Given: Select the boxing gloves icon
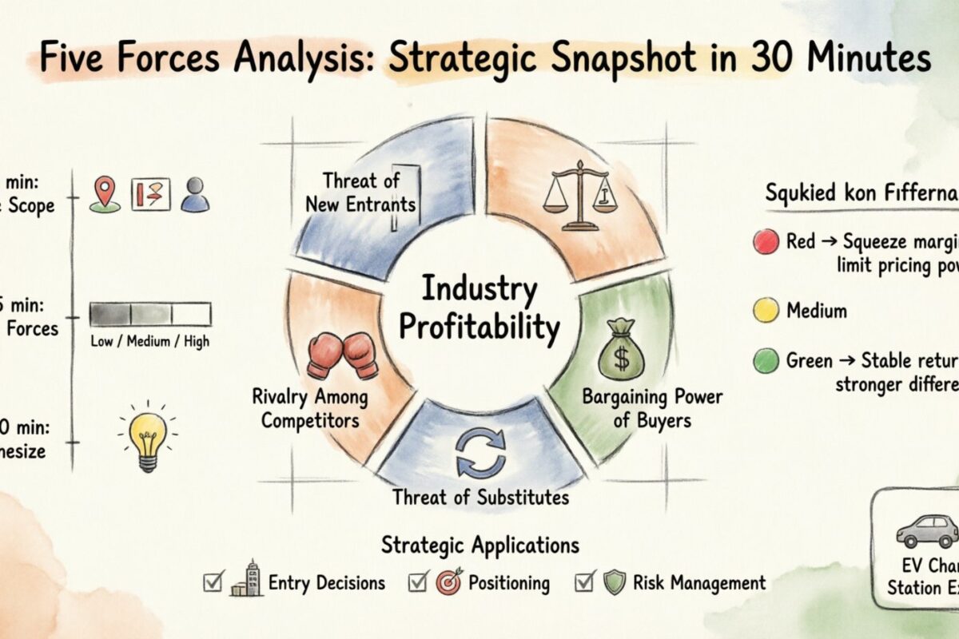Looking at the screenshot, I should click(x=343, y=355).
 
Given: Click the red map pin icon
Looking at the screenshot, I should click(x=105, y=194).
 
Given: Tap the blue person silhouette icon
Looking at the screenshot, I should click(x=194, y=195).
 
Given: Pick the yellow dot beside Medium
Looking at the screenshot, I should click(x=766, y=309).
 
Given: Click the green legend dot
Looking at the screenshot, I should click(x=766, y=361).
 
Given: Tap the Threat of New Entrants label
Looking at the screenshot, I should click(x=360, y=192).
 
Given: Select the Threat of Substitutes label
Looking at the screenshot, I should click(x=480, y=498).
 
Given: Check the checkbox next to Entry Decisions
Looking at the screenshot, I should click(x=213, y=582).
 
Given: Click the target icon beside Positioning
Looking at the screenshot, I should click(x=448, y=582).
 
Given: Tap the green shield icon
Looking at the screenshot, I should click(x=614, y=582).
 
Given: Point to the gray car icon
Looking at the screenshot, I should click(x=927, y=530).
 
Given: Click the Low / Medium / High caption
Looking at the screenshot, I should click(x=150, y=342).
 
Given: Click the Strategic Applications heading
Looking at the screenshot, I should click(x=480, y=546).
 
